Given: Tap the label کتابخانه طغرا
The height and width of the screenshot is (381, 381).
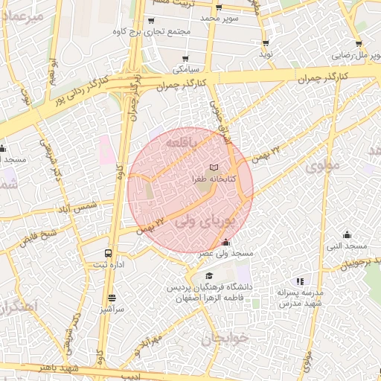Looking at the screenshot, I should [x=214, y=179].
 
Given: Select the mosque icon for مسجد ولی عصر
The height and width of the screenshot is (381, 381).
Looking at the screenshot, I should [x=225, y=243].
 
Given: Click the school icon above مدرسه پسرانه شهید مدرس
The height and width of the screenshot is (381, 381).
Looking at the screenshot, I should [x=300, y=281].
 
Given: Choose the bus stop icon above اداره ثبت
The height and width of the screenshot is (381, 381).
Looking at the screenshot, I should [x=109, y=253].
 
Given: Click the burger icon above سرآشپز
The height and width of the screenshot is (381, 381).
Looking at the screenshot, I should [x=112, y=298].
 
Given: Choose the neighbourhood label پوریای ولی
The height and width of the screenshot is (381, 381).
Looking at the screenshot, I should [x=208, y=221].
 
